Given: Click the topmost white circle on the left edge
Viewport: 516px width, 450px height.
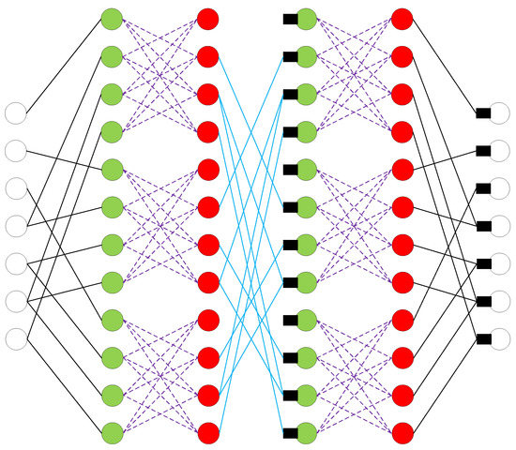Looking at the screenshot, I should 16,113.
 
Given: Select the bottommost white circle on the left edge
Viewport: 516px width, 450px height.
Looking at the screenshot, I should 16,338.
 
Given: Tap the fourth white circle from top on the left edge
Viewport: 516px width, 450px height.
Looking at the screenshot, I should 16,226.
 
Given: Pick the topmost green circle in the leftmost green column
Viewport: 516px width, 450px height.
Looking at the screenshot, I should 112,18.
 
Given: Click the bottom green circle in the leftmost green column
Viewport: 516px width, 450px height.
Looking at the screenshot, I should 112,432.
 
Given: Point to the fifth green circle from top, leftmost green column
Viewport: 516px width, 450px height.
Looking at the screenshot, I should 112,169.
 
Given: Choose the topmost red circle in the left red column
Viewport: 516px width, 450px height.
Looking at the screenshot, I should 208,18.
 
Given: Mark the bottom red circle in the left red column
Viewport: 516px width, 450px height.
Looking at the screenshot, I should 208,432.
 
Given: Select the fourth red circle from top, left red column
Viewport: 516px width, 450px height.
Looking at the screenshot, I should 208,131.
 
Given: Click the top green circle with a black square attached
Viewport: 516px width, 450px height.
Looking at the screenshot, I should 306,18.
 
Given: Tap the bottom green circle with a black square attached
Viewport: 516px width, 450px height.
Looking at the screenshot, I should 306,432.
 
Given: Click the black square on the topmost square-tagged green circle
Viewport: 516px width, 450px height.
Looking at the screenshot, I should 290,18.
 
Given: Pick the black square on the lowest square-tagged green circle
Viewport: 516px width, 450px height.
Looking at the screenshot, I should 290,432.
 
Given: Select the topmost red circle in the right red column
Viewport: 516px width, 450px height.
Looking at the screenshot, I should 402,18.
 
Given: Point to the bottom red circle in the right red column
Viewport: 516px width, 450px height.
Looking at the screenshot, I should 402,432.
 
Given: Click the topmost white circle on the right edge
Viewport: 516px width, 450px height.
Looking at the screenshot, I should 499,113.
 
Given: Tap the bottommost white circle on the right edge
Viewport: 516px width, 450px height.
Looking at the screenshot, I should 499,338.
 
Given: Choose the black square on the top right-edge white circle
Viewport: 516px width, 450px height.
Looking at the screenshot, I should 483,113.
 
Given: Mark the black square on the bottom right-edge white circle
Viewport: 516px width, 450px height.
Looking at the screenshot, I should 483,338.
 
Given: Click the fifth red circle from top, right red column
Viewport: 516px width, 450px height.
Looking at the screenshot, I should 402,169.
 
